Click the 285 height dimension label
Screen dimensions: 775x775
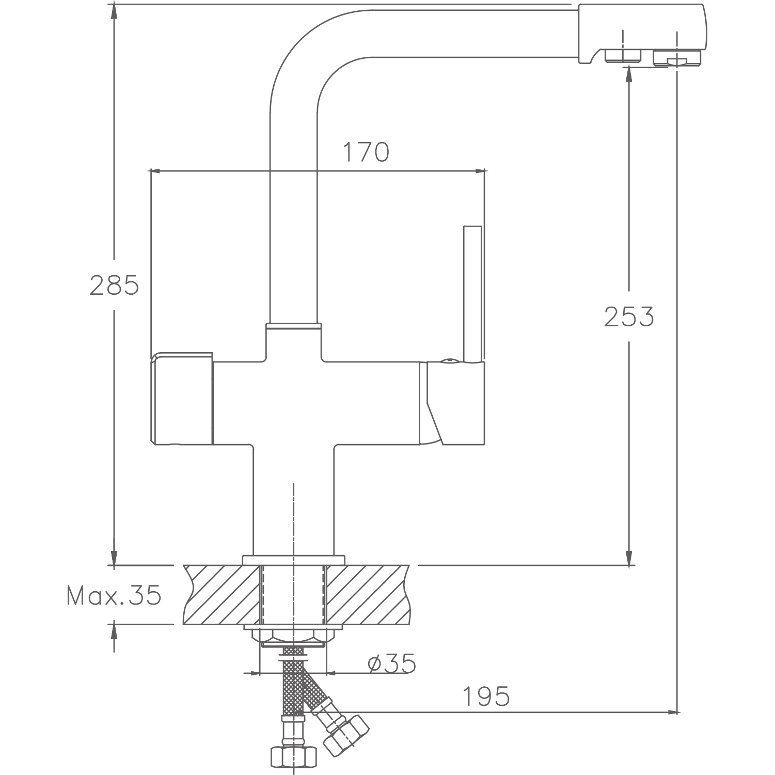tap(114, 285)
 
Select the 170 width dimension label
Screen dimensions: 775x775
tap(366, 152)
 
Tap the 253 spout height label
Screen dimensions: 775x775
tap(629, 317)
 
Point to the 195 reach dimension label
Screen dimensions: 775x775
tap(485, 696)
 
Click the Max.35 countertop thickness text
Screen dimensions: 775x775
tap(114, 596)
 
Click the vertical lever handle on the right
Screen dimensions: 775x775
tap(473, 294)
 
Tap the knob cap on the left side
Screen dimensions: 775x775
tap(181, 398)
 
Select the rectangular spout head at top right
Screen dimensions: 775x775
tap(641, 34)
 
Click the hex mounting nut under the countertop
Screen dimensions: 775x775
tap(293, 638)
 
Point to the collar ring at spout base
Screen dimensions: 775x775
tap(293, 326)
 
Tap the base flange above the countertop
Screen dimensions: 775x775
tap(293, 560)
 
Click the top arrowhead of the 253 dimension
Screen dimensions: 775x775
tap(629, 73)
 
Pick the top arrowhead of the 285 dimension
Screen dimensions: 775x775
tap(114, 11)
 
